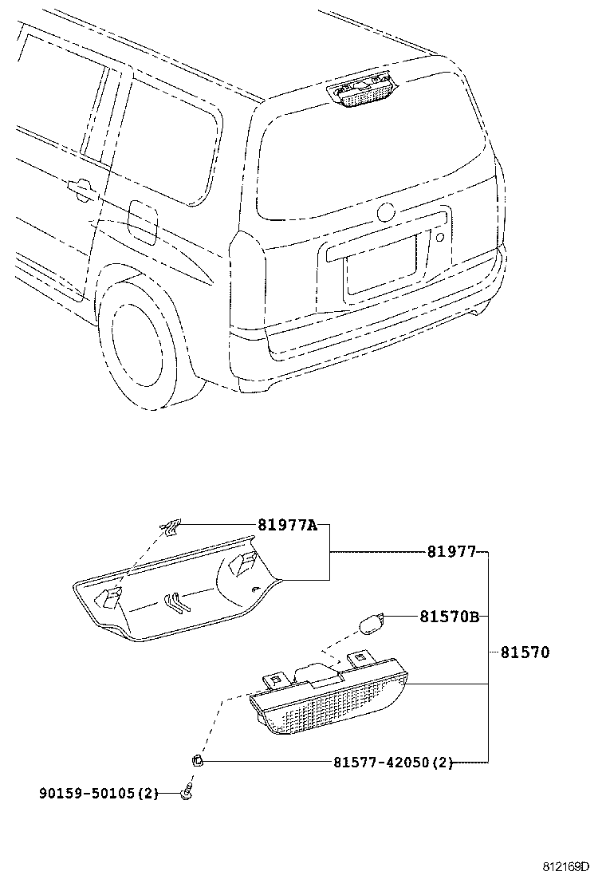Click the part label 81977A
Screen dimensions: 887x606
287,525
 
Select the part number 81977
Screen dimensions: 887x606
451,552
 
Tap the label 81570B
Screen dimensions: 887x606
450,617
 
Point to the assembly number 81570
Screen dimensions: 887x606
525,652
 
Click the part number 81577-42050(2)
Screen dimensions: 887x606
393,763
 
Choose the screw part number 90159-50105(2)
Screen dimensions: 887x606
99,793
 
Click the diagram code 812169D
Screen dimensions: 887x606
566,866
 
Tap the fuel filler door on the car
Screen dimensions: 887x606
144,221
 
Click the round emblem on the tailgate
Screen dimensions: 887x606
386,213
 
